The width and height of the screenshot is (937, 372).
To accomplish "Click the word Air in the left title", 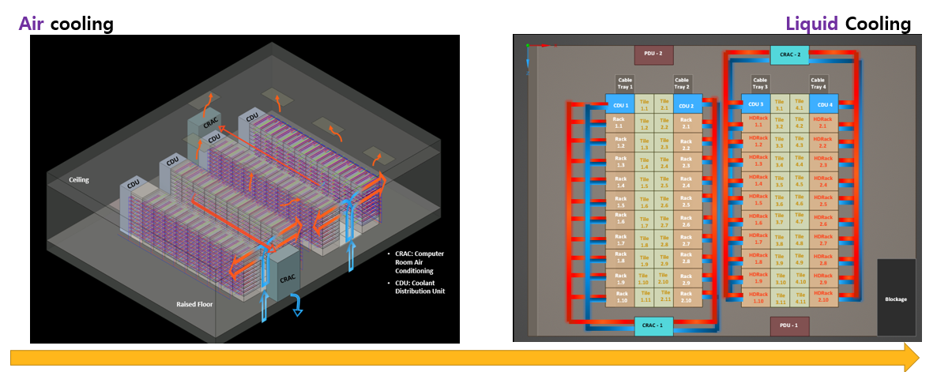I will click(32, 24).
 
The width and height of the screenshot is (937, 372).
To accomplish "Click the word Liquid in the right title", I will click(811, 24).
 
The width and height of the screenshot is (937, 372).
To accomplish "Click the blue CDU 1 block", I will click(620, 105).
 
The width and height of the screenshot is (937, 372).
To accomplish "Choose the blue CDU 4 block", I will click(823, 105).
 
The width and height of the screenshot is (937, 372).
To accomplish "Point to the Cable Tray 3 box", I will click(760, 82).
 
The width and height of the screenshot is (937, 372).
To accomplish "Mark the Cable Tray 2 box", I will click(683, 82).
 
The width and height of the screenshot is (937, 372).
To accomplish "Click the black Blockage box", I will click(896, 299).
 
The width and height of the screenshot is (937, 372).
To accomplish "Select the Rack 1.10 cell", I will click(620, 298).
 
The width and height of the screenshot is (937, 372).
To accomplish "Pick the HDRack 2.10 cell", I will click(823, 298).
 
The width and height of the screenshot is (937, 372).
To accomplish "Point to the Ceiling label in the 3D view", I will click(79, 179).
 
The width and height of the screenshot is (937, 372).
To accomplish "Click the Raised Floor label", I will click(196, 303).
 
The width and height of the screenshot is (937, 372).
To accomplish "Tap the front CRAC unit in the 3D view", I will click(287, 277).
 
